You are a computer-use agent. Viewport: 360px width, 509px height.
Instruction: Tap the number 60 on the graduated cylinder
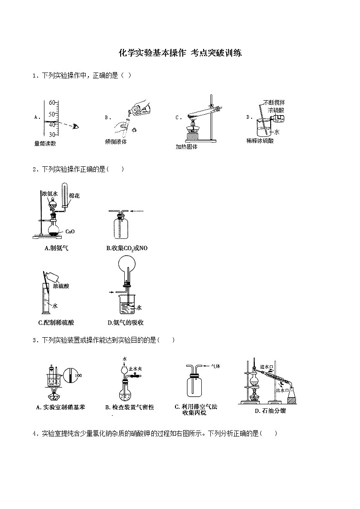tap(52, 102)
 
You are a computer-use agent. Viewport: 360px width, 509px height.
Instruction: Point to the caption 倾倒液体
tap(116, 141)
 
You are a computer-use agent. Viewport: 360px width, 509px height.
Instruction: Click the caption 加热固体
tap(186, 146)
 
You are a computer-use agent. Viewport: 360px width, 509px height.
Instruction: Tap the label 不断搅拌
tap(274, 102)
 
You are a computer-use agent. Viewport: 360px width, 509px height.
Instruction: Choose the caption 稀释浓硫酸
tap(260, 141)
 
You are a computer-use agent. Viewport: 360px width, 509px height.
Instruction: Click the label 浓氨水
tap(50, 194)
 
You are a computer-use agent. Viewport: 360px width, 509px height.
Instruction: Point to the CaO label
tap(70, 231)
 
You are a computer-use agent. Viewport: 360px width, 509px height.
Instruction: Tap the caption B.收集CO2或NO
tap(127, 248)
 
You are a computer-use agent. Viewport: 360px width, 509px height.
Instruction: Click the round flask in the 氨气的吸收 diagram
tap(126, 265)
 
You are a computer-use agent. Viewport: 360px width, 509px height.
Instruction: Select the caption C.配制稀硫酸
tap(56, 323)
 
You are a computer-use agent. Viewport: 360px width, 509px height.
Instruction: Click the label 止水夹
tap(136, 369)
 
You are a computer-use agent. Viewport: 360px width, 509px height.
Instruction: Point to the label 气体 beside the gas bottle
tap(215, 366)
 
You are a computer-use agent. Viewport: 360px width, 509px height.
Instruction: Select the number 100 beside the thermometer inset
tap(78, 375)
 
